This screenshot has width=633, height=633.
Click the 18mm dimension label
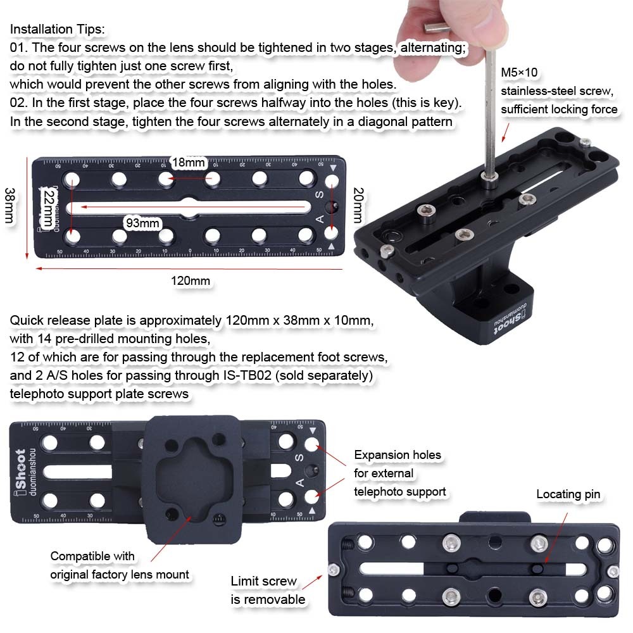[189, 163]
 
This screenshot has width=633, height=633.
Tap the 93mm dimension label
[142, 223]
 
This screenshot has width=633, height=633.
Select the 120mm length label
[191, 280]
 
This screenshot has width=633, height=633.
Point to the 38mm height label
[9, 205]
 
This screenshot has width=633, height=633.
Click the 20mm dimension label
[358, 205]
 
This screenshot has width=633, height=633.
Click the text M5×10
[519, 72]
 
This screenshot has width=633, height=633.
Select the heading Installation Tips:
[58, 29]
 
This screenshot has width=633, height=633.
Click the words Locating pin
[568, 494]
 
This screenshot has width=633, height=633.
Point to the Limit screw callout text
[268, 590]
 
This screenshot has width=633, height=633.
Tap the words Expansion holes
[398, 455]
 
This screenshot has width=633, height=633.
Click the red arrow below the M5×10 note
[505, 133]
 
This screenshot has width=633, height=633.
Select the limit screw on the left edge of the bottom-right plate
[334, 570]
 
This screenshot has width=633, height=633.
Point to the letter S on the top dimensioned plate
[319, 194]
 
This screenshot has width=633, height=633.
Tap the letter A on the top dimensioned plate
[320, 219]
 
